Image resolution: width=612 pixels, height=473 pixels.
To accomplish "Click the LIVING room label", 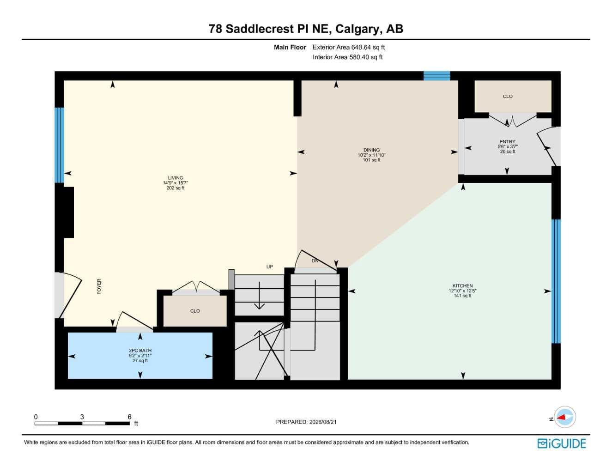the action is [x=175, y=178].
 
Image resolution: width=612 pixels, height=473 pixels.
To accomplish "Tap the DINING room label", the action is [x=371, y=150].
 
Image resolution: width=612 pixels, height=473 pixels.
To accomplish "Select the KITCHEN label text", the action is [x=462, y=285].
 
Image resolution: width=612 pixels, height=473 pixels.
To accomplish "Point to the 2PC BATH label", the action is [x=140, y=350].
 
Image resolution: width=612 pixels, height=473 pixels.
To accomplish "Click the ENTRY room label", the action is [x=507, y=142].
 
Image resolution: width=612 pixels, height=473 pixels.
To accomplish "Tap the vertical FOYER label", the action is [x=99, y=286].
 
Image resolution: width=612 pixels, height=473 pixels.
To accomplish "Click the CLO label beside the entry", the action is [x=508, y=96].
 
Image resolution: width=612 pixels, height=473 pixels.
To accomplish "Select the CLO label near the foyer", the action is [x=195, y=311].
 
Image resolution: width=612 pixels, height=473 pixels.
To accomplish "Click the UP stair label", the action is [x=270, y=267].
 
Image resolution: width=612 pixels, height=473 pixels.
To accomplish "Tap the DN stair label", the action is [x=315, y=261].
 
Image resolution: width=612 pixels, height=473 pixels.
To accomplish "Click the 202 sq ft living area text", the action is [x=175, y=188].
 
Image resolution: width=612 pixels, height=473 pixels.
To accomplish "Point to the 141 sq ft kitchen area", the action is [x=462, y=296].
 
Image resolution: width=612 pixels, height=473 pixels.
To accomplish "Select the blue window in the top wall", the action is [x=436, y=76].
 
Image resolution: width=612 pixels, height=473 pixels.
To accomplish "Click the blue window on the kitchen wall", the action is [x=556, y=281].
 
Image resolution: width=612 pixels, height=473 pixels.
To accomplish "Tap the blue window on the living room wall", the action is [x=59, y=146].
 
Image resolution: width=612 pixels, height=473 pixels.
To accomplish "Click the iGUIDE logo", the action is [x=561, y=444].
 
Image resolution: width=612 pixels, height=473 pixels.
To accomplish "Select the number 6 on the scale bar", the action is [x=129, y=417].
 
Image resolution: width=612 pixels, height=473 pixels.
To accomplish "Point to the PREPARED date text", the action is [x=306, y=422].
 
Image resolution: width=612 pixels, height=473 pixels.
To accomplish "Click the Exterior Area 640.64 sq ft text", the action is [x=349, y=47].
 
